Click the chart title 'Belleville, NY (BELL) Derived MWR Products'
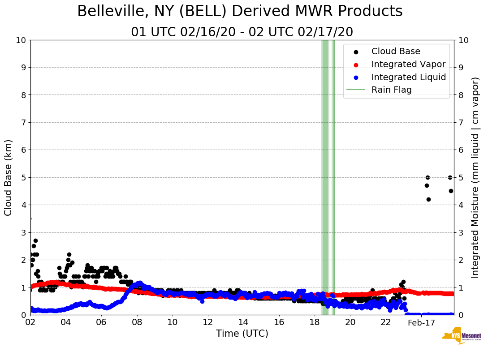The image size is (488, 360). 240,12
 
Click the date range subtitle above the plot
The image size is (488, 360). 242,32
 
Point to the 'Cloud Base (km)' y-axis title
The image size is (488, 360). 9,177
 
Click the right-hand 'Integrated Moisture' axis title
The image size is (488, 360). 475,177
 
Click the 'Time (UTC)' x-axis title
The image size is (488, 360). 242,334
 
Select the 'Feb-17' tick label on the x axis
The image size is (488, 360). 421,323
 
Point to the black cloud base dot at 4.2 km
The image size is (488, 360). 428,199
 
